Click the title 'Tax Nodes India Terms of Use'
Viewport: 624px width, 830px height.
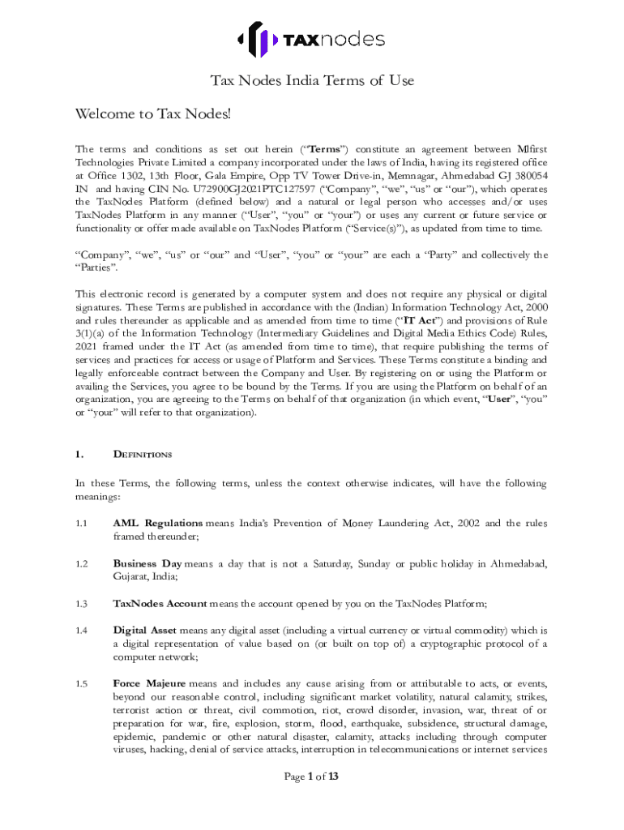[x=312, y=80]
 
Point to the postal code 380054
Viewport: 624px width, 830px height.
[x=528, y=175]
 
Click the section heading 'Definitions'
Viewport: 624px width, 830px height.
[x=142, y=454]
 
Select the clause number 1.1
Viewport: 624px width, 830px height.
[x=81, y=523]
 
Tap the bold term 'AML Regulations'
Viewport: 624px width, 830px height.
[x=158, y=523]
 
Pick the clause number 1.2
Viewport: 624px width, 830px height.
[x=81, y=563]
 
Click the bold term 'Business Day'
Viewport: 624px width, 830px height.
[x=147, y=563]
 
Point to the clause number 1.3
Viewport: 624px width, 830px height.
[x=81, y=603]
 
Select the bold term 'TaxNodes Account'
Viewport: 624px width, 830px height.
[x=160, y=603]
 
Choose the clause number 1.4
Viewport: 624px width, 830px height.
[x=81, y=630]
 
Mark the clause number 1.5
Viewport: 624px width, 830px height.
[x=81, y=683]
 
